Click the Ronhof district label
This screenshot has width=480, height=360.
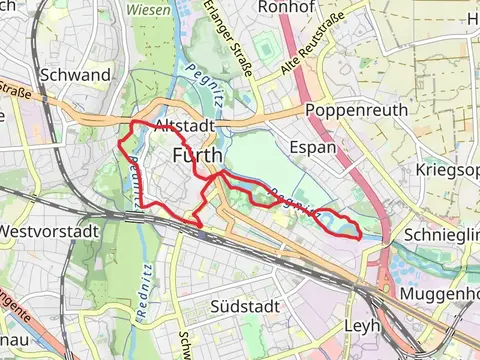pyautogui.click(x=288, y=7)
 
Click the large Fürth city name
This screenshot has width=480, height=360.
pyautogui.click(x=196, y=155)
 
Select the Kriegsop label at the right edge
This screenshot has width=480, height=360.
pyautogui.click(x=447, y=171)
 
